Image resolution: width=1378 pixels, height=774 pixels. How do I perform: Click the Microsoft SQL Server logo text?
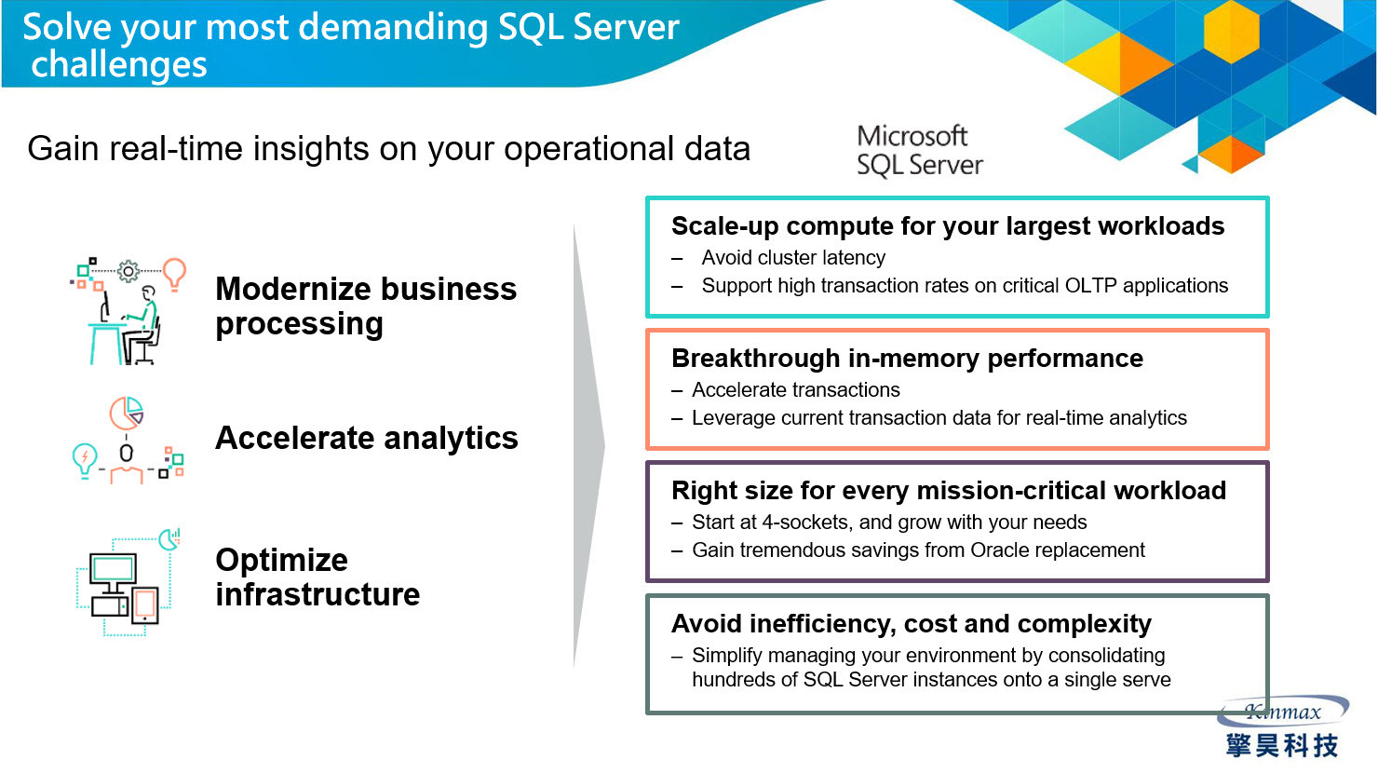coord(920,151)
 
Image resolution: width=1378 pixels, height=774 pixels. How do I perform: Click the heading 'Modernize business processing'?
coord(366,306)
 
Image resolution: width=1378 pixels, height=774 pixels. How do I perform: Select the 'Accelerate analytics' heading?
coord(367,438)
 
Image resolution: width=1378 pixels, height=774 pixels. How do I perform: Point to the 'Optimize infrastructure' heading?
coord(317,577)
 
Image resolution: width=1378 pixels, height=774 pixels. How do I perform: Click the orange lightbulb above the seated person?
coord(175,274)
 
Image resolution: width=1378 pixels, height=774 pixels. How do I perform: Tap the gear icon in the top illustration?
coord(128,271)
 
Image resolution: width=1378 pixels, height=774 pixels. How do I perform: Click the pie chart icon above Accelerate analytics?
coord(127,414)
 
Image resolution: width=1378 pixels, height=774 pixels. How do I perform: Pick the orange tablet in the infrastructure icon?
coord(145,605)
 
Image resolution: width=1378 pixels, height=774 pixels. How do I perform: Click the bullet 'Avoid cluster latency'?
coord(793,258)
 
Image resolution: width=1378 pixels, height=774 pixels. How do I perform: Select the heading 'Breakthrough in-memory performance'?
coord(908,358)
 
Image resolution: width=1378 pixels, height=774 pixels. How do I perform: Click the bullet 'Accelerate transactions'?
coord(795,389)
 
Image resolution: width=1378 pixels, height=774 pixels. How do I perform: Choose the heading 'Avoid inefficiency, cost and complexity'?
coord(912,624)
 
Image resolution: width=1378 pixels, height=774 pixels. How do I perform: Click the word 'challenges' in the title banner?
coord(119,64)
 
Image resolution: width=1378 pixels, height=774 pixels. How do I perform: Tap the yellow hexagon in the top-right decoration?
coord(1231,32)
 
